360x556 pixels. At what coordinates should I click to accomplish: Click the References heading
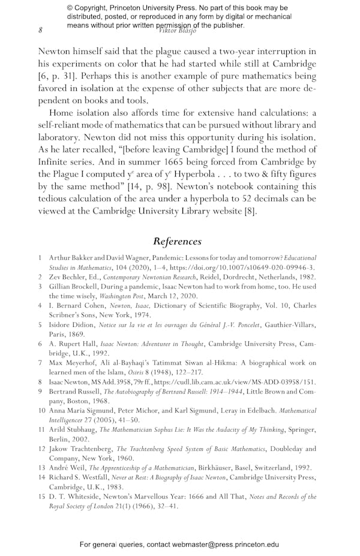pyautogui.click(x=177, y=241)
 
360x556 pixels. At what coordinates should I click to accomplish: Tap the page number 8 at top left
pyautogui.click(x=40, y=30)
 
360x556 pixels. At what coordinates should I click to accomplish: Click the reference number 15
pyautogui.click(x=42, y=497)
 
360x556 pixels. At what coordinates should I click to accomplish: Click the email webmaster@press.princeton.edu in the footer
pyautogui.click(x=221, y=544)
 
